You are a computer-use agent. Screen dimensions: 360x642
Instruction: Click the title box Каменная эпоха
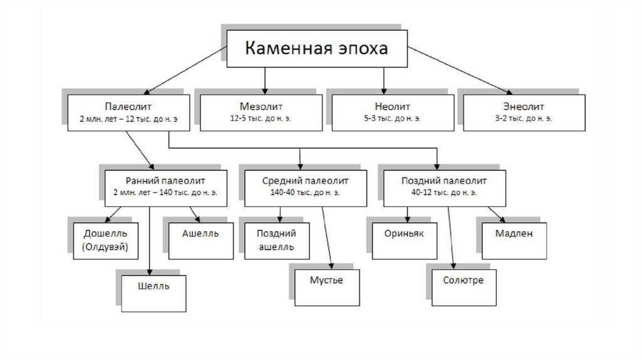point(316,48)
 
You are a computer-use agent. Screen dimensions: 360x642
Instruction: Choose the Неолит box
point(391,112)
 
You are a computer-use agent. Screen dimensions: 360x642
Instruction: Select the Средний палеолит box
point(305,186)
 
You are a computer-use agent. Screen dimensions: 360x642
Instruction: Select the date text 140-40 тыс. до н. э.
point(305,193)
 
